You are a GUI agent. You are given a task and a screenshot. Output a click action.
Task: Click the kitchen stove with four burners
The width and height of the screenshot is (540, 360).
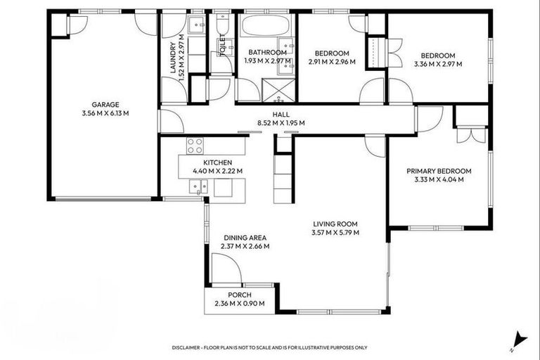tap(195, 146)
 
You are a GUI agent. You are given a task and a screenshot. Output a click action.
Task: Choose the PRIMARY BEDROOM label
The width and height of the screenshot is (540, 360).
tap(439, 171)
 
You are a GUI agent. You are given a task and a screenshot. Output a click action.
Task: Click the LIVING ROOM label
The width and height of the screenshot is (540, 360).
tap(336, 224)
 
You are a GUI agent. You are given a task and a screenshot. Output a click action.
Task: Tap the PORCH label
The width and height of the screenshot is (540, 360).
tap(239, 295)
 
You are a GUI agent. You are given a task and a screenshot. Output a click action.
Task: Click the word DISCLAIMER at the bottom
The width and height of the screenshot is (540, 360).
tap(191, 347)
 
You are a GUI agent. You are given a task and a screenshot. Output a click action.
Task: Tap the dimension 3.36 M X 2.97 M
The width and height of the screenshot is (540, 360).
tap(438, 65)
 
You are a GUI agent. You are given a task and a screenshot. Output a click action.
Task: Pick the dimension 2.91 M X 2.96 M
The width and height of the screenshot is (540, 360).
tap(332, 62)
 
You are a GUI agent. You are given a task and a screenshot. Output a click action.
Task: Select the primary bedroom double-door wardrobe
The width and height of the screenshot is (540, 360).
tap(470, 134)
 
